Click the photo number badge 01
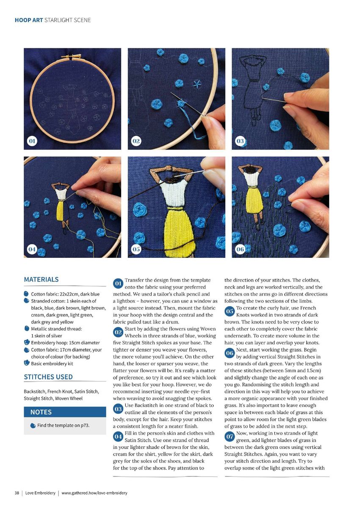[32, 141]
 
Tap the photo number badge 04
[32, 249]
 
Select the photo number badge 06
[240, 249]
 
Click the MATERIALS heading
[41, 279]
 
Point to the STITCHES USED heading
[48, 377]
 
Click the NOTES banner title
[41, 412]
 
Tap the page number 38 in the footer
[17, 493]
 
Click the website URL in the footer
[94, 493]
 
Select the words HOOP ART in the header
[29, 20]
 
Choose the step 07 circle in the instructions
[230, 437]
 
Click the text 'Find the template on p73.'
[63, 426]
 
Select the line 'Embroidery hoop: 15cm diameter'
[65, 343]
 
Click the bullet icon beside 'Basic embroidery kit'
[27, 362]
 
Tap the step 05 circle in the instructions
[230, 311]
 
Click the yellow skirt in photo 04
[60, 210]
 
